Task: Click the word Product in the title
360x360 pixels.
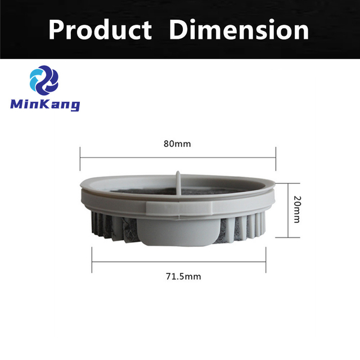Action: (x=100, y=30)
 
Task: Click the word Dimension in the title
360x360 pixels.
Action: (x=239, y=29)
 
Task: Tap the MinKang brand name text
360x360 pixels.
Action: (x=45, y=105)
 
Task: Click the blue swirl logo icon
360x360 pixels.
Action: (x=44, y=80)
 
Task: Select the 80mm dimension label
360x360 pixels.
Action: (x=177, y=144)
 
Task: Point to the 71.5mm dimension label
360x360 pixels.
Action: (x=183, y=276)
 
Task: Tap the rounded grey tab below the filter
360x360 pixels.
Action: (x=179, y=232)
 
